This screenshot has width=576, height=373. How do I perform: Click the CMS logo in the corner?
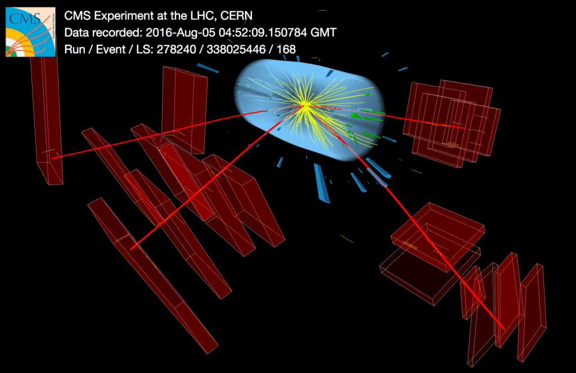[30, 32]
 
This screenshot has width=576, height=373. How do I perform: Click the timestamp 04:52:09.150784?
[263, 33]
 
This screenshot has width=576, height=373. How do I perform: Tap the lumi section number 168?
[286, 49]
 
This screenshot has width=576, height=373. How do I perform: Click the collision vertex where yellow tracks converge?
[304, 106]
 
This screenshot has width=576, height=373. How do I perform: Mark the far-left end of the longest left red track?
[52, 158]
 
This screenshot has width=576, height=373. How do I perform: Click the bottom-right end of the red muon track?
[503, 328]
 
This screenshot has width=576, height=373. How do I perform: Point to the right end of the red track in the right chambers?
[465, 128]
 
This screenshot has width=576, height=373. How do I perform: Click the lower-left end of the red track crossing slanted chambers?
[131, 248]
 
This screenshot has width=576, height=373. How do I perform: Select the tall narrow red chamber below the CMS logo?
[46, 121]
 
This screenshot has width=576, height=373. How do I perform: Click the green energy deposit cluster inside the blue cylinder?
[367, 115]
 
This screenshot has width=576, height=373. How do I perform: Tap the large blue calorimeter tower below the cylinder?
[321, 183]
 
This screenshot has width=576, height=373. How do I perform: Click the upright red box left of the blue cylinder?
[184, 109]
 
